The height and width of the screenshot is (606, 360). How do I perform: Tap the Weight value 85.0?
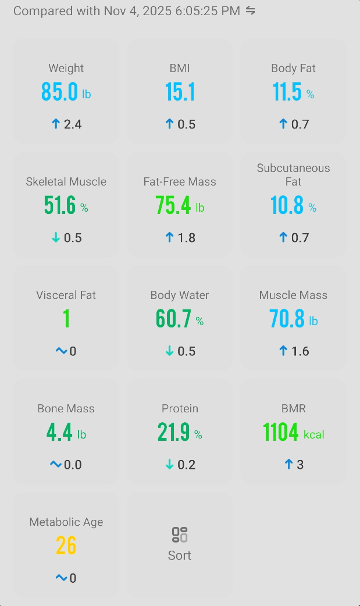pyautogui.click(x=59, y=92)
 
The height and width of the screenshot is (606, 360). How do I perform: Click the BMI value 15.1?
pyautogui.click(x=180, y=92)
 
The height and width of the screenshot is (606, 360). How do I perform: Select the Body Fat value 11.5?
pyautogui.click(x=287, y=92)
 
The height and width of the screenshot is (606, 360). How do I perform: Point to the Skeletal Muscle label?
pyautogui.click(x=66, y=181)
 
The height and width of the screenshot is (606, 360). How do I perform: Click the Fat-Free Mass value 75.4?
pyautogui.click(x=173, y=206)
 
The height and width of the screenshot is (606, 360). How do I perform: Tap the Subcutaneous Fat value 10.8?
pyautogui.click(x=287, y=206)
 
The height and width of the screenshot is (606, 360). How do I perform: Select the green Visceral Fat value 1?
pyautogui.click(x=66, y=319)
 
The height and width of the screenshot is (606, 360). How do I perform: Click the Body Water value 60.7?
pyautogui.click(x=173, y=319)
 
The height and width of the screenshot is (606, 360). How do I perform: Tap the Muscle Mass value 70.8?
pyautogui.click(x=287, y=319)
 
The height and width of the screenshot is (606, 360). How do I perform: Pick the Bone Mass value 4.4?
pyautogui.click(x=59, y=433)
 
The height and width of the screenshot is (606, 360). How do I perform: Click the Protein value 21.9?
pyautogui.click(x=173, y=433)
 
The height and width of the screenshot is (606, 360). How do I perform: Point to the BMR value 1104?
pyautogui.click(x=280, y=433)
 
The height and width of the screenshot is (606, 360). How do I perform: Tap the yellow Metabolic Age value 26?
pyautogui.click(x=66, y=546)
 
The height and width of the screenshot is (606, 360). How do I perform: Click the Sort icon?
pyautogui.click(x=180, y=534)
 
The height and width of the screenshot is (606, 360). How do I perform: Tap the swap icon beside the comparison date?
pyautogui.click(x=251, y=10)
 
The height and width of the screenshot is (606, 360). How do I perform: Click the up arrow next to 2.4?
pyautogui.click(x=56, y=124)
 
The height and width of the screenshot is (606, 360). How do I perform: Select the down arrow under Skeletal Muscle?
pyautogui.click(x=56, y=237)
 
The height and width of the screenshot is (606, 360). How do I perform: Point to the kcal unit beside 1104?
pyautogui.click(x=314, y=434)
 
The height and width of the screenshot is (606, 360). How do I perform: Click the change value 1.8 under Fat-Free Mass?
pyautogui.click(x=187, y=237)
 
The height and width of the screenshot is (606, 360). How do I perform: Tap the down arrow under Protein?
pyautogui.click(x=170, y=464)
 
